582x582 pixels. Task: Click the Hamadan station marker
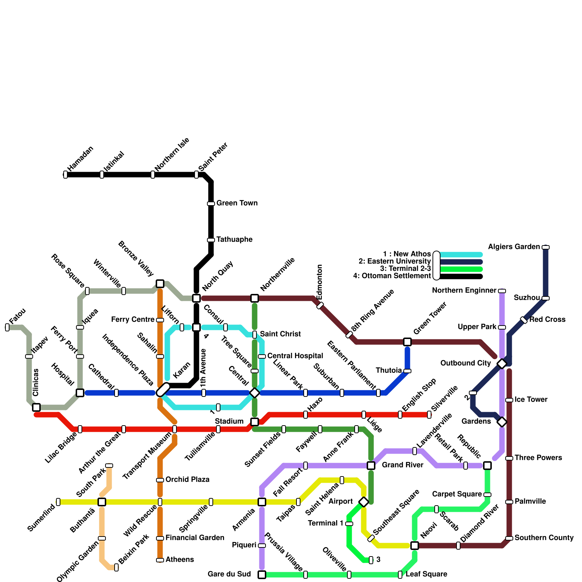tap(65, 175)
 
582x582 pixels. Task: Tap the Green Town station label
tap(237, 203)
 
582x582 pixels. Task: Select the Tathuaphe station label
tap(234, 239)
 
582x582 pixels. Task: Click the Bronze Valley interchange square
tap(160, 284)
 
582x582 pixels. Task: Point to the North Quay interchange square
tap(196, 298)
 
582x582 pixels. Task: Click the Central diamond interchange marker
tap(255, 393)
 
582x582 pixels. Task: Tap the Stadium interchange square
tap(255, 422)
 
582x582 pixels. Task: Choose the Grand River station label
tap(402, 465)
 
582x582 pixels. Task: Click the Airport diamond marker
tap(364, 502)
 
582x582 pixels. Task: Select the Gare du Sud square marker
tap(262, 575)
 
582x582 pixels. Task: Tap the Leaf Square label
tap(426, 574)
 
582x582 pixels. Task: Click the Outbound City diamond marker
tap(502, 364)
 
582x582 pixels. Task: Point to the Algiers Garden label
tap(514, 247)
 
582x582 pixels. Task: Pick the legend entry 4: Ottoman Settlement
tap(392, 276)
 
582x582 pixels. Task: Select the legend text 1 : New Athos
tap(407, 254)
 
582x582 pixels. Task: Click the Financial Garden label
tap(195, 538)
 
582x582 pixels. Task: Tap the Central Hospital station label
tap(295, 356)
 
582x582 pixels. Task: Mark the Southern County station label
tap(544, 538)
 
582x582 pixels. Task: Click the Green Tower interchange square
tap(407, 342)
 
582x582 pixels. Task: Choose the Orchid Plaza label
tap(187, 479)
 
